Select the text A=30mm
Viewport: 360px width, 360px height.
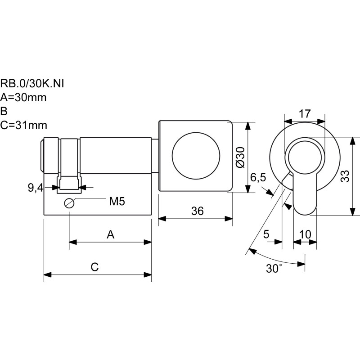click(23, 97)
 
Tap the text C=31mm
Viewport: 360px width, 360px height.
click(23, 125)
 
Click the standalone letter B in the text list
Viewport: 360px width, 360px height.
click(4, 111)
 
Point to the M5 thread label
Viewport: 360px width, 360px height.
click(117, 201)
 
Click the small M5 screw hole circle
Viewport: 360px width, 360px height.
click(69, 203)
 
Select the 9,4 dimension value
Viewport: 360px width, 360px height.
click(35, 188)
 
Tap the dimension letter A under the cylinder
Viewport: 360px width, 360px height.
click(110, 234)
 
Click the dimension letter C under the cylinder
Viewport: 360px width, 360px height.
click(94, 267)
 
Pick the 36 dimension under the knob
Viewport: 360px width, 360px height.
click(197, 211)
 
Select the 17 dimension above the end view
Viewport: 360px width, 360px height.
click(305, 113)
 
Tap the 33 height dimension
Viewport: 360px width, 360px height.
click(345, 176)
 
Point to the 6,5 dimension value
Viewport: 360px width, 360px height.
click(258, 178)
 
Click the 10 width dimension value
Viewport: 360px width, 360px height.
click(305, 234)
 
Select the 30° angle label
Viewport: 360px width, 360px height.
click(273, 269)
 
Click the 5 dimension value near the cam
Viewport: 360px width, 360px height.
click(266, 234)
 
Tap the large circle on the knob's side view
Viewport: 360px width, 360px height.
click(195, 155)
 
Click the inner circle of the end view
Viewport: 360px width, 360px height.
click(305, 156)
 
